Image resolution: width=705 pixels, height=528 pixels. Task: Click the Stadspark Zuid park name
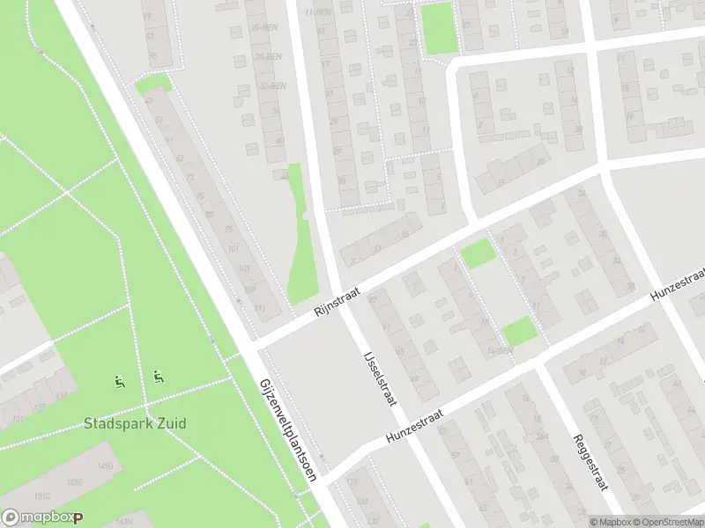tap(135, 423)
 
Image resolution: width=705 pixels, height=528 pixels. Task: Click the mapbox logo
tap(41, 518)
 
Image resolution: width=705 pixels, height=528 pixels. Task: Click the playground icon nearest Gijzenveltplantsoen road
tap(158, 378)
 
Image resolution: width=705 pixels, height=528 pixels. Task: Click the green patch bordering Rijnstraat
tap(479, 253)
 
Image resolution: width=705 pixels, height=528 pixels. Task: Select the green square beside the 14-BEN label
tap(519, 332)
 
